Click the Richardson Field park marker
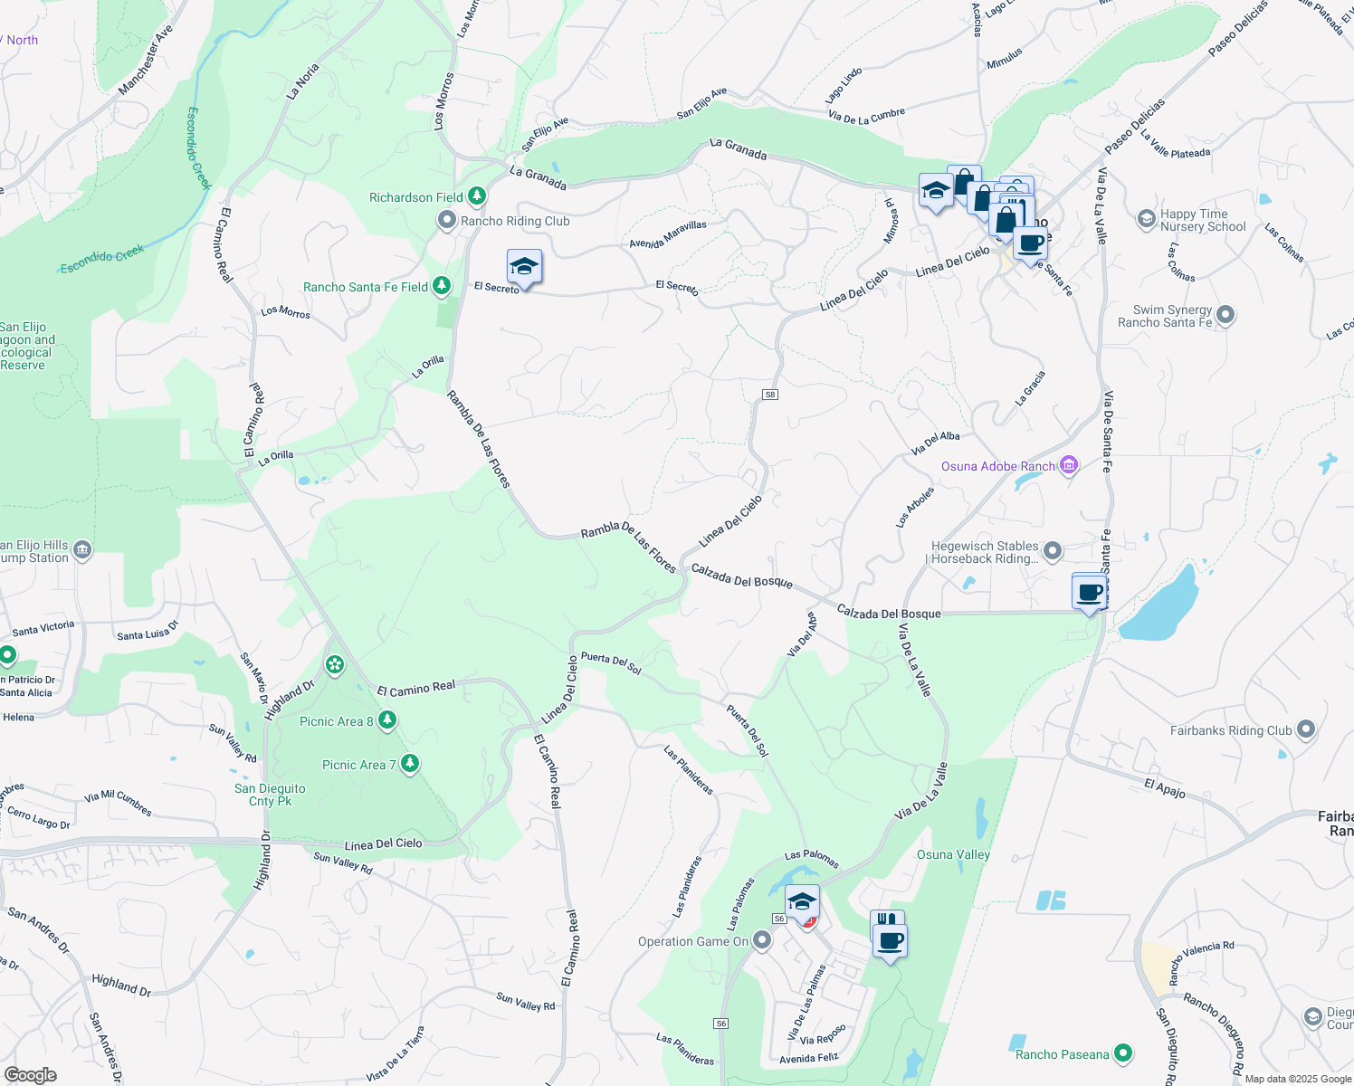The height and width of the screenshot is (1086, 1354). coord(476,196)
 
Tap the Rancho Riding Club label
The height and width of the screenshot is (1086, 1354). coord(515,221)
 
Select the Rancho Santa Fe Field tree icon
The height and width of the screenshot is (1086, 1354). coord(441,286)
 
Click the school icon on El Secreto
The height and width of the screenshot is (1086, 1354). coord(524,267)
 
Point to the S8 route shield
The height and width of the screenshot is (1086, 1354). coord(770,395)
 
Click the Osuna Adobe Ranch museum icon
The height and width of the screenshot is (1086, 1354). coord(1069,465)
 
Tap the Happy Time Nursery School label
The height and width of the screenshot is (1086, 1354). coord(1203,220)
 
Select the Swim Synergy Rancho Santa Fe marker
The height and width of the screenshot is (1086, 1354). coord(1225,315)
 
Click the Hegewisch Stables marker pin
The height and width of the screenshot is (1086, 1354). coord(1052,550)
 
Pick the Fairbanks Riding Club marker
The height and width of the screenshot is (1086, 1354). coord(1305,729)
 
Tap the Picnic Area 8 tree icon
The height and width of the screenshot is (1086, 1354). coord(387,720)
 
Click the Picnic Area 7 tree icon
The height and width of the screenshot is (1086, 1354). coord(410,764)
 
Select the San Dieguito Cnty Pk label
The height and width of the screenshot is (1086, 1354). coord(270,795)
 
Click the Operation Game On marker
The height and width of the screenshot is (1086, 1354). coord(762,941)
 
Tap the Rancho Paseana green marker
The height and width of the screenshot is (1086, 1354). coord(1123,1053)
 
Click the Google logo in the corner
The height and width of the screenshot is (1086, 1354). coord(30,1075)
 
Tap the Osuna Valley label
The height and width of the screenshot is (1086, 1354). coord(953,854)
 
